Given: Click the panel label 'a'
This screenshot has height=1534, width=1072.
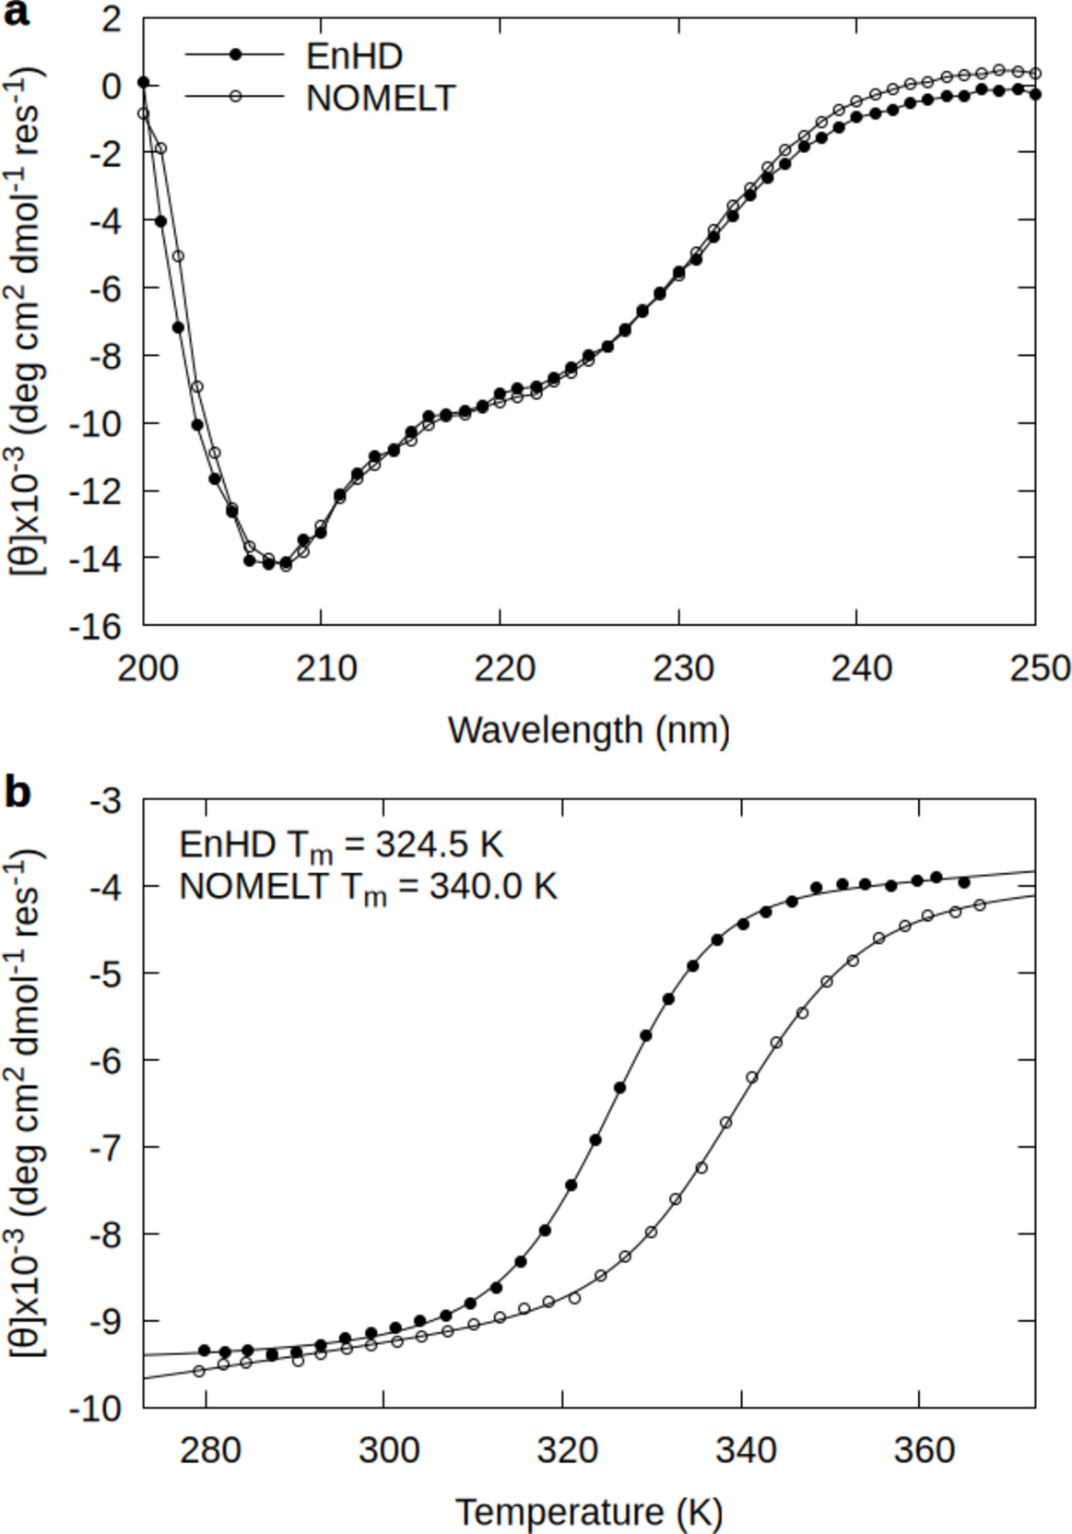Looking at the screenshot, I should (16, 14).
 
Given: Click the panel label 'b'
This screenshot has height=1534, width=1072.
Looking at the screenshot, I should (18, 792).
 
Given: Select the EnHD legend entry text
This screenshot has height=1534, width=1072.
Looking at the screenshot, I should (354, 56).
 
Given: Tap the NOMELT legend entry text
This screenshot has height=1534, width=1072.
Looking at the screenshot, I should (380, 98).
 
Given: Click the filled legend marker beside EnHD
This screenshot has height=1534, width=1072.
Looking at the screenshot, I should (235, 55).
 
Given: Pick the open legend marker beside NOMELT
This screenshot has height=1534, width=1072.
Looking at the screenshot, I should (235, 96).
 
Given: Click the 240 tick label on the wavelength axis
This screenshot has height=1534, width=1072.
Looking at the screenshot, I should (861, 668).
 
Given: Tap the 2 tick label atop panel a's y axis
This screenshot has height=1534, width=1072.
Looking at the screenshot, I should (111, 18).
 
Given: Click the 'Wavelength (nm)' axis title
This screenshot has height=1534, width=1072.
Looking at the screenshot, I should (588, 731).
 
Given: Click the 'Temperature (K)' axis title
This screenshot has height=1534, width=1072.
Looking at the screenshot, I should (588, 1513).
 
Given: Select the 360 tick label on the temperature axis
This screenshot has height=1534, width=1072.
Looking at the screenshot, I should (923, 1450).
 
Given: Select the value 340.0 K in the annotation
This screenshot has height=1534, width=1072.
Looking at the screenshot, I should (492, 886).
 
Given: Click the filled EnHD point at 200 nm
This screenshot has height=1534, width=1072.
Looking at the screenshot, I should (143, 82).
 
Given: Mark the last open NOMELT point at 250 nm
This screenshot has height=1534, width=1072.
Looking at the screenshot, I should (1035, 74).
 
